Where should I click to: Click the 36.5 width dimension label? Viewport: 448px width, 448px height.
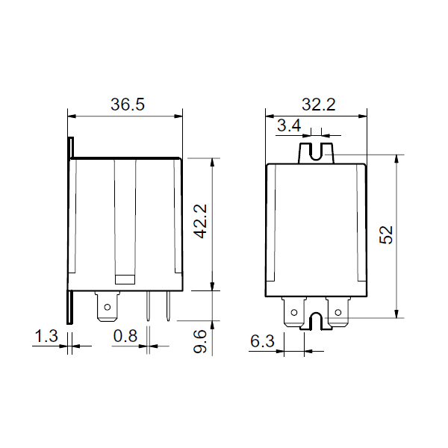128,105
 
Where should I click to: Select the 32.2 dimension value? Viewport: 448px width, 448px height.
319,105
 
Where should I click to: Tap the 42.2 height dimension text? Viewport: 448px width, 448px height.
200,221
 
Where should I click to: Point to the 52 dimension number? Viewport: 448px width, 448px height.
386,235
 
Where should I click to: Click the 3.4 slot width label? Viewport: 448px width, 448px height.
289,125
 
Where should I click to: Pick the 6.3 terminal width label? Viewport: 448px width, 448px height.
262,341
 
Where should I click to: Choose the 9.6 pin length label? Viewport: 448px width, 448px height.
200,341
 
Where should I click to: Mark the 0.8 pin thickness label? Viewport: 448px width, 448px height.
125,336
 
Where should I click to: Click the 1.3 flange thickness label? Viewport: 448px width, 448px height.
46,336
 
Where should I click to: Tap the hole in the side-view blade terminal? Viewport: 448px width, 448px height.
108,307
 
